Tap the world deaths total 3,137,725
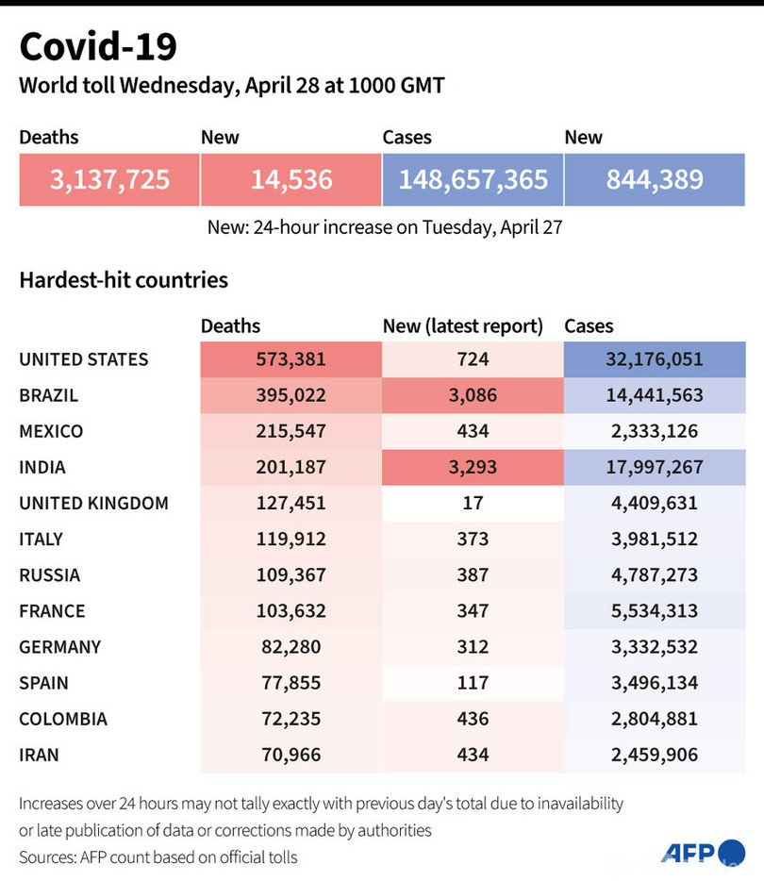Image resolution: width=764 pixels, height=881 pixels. click(x=109, y=179)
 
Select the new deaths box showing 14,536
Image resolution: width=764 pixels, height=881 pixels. click(x=291, y=179)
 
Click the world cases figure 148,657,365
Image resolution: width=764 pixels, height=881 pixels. click(x=473, y=179)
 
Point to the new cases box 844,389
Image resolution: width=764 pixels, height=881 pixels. click(x=655, y=179)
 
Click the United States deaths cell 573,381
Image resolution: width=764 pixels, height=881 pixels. click(x=291, y=359)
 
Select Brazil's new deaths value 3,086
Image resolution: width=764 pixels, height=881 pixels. click(x=473, y=395)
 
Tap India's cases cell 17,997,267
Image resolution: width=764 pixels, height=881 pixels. click(x=655, y=467)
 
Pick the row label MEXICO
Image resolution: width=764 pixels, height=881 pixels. click(x=51, y=431)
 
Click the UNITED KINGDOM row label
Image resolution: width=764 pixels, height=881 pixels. click(x=93, y=503)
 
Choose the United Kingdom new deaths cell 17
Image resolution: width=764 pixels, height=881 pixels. click(x=473, y=503)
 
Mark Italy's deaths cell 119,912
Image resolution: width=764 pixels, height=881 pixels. click(x=291, y=539)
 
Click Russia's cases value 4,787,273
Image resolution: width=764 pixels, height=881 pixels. click(x=655, y=574)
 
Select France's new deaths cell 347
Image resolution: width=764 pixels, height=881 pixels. click(x=473, y=610)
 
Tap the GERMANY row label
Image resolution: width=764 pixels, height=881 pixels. click(x=59, y=647)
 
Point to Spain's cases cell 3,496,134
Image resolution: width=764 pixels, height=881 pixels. click(x=655, y=683)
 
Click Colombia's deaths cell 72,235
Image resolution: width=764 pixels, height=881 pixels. click(x=291, y=719)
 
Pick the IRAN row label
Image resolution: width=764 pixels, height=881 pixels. click(x=39, y=755)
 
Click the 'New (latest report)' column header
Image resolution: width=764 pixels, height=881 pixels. click(x=463, y=326)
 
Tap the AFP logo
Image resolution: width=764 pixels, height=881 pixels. click(x=703, y=854)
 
